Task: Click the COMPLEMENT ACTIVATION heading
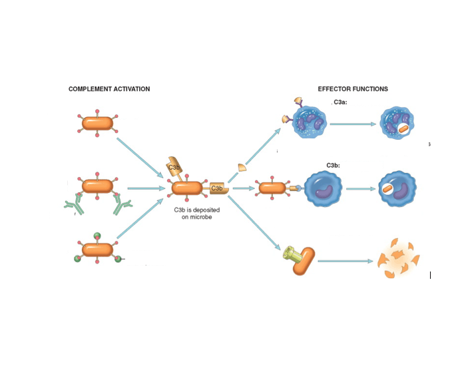109,89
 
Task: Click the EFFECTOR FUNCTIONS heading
353,89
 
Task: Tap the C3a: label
340,102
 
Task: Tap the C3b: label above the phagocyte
334,164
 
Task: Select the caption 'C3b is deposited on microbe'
196,213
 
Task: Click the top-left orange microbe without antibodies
98,123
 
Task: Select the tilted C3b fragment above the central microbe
175,168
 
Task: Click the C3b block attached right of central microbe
219,189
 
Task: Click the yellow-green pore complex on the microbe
292,253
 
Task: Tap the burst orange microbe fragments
398,260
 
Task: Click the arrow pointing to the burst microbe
344,261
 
